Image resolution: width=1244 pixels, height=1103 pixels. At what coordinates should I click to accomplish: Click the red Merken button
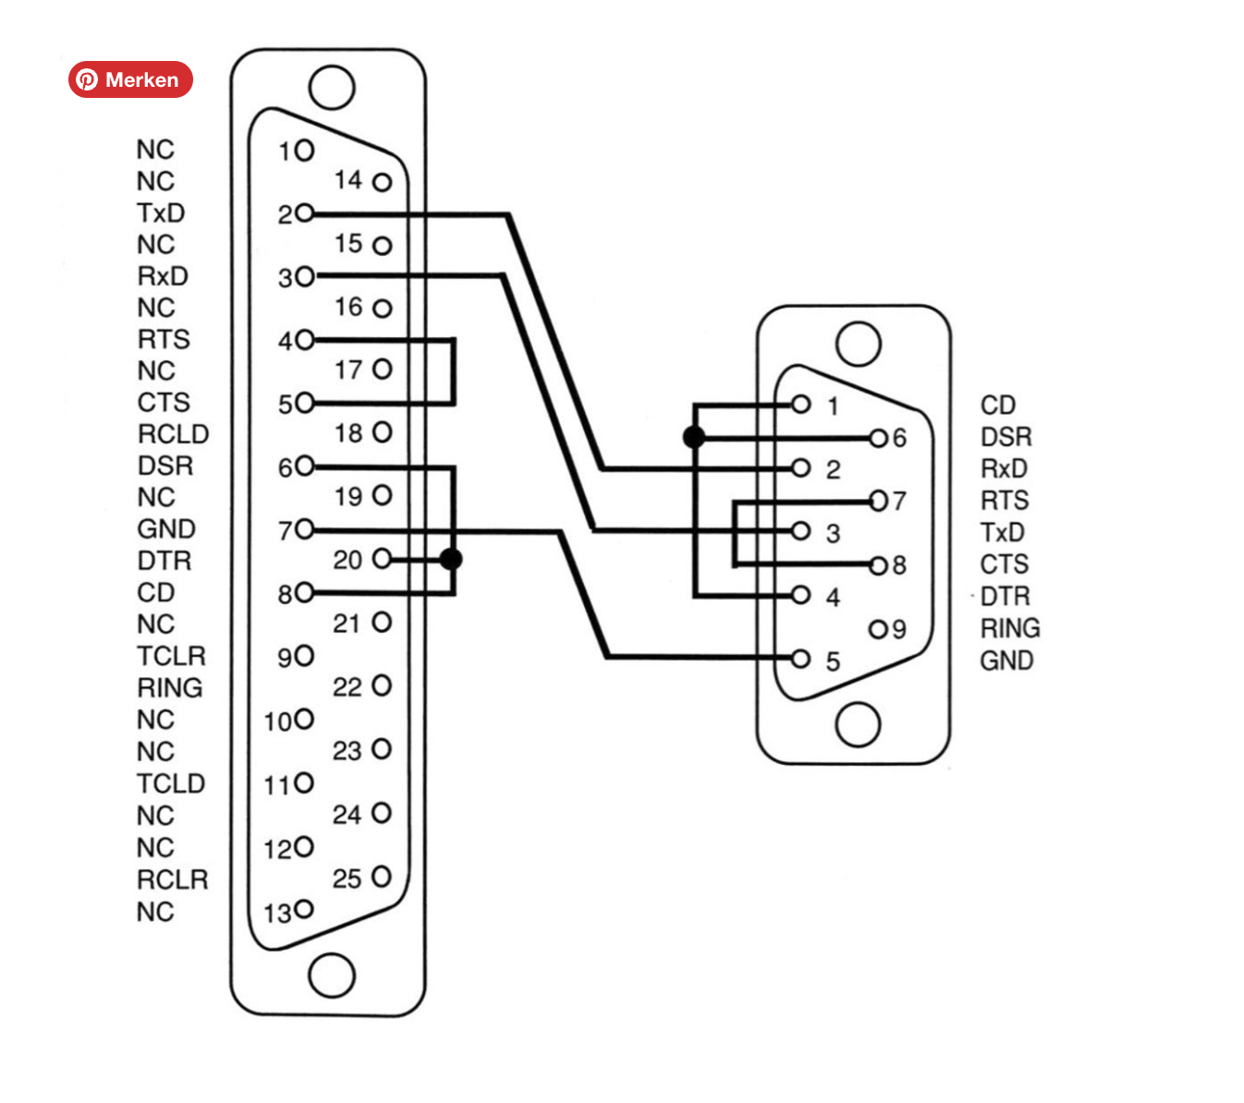pos(130,79)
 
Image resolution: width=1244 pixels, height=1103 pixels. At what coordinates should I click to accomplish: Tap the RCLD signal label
pos(173,434)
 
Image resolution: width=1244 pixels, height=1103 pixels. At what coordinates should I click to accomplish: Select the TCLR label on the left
pos(171,656)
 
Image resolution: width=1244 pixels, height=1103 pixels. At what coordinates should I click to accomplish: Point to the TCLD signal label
pos(170,783)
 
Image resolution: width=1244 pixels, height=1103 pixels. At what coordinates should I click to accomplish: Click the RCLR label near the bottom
pos(172,879)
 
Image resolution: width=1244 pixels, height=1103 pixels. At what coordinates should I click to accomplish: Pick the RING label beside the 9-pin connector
pos(1010,628)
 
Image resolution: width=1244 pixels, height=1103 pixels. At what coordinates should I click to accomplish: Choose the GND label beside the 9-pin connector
pos(1006,661)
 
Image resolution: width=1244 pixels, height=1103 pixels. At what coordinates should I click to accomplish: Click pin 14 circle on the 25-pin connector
pos(382,182)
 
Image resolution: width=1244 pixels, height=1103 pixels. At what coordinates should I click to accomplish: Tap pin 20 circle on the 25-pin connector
pos(382,558)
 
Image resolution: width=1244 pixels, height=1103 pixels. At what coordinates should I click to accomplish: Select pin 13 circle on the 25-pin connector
pos(304,910)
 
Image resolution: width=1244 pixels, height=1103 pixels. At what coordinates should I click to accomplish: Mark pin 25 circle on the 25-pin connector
pos(382,876)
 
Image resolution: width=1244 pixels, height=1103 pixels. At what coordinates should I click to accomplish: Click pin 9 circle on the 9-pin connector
pos(878,629)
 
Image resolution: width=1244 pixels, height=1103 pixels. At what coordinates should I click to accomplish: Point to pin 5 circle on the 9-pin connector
pos(801,659)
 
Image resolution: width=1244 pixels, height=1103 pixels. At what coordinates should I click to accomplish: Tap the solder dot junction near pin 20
pos(451,559)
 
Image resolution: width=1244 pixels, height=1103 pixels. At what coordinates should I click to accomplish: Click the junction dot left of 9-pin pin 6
pos(694,437)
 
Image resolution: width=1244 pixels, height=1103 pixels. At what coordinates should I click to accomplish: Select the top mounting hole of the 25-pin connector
pos(332,88)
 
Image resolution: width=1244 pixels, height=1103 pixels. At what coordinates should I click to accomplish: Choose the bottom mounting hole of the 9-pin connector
pos(858,724)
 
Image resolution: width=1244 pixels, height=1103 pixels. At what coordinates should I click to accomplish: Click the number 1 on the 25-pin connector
pos(286,151)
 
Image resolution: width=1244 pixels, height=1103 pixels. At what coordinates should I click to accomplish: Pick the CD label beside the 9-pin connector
pos(998,406)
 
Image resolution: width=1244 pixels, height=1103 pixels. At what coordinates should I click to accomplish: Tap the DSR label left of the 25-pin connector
pos(165,466)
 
